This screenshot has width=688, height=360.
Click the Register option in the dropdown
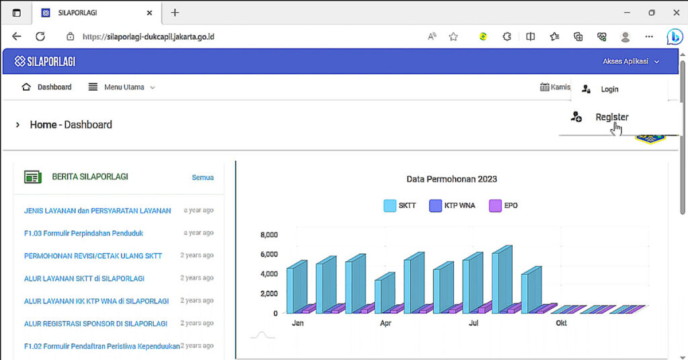pyautogui.click(x=611, y=118)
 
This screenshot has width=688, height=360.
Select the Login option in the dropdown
pyautogui.click(x=609, y=89)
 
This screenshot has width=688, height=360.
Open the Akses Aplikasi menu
pyautogui.click(x=630, y=61)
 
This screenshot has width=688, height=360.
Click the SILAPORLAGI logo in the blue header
pyautogui.click(x=45, y=61)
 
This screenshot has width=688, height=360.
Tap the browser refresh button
pyautogui.click(x=40, y=37)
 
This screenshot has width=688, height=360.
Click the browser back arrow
pyautogui.click(x=17, y=37)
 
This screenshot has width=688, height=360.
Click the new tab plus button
pyautogui.click(x=175, y=13)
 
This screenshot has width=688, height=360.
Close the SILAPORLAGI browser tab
pyautogui.click(x=149, y=13)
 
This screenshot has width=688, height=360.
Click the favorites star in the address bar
pyautogui.click(x=453, y=37)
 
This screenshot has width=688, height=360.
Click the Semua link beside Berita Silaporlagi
pyautogui.click(x=202, y=177)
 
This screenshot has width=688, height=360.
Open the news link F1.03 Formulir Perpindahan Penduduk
pyautogui.click(x=83, y=233)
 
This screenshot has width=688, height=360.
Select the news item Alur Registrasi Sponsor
pyautogui.click(x=95, y=323)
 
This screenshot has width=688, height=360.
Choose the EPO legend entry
pyautogui.click(x=504, y=206)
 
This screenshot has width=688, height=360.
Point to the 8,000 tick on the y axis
pyautogui.click(x=269, y=235)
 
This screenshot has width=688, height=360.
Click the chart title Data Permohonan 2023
pyautogui.click(x=451, y=179)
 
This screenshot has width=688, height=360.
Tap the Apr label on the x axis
pyautogui.click(x=386, y=323)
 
